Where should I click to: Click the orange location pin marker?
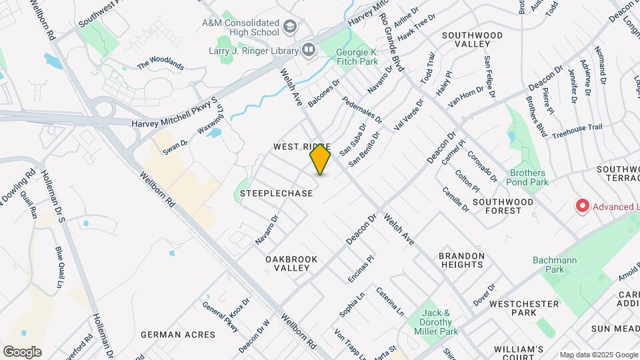pyautogui.click(x=321, y=159)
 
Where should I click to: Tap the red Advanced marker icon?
pyautogui.click(x=582, y=206)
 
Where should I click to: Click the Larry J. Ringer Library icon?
pyautogui.click(x=308, y=49)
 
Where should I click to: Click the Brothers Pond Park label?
pyautogui.click(x=529, y=177)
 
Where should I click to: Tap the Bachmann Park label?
pyautogui.click(x=548, y=265)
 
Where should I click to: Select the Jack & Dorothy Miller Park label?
pyautogui.click(x=442, y=322)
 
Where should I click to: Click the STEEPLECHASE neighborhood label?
pyautogui.click(x=277, y=193)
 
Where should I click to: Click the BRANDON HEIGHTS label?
pyautogui.click(x=461, y=260)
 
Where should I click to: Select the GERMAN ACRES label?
pyautogui.click(x=178, y=334)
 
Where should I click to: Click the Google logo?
pyautogui.click(x=22, y=352)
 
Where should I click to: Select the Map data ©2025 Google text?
pyautogui.click(x=599, y=355)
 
